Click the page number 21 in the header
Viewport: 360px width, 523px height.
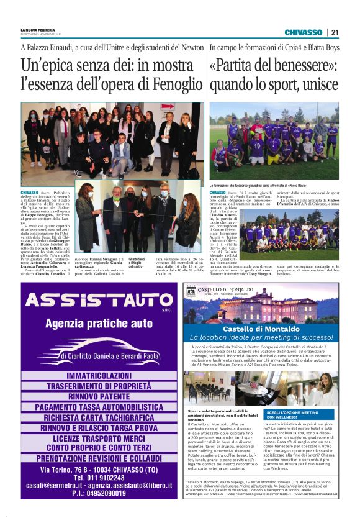click(335, 32)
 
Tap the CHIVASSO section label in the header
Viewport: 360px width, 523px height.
click(303, 32)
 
